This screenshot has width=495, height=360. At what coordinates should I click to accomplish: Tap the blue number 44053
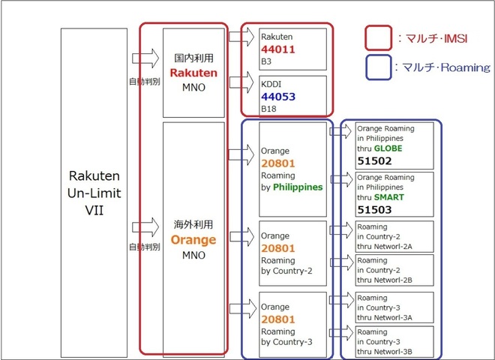(280, 97)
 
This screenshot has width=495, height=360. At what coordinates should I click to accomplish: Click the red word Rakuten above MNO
(193, 73)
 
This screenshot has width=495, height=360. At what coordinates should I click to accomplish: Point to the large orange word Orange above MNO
(193, 241)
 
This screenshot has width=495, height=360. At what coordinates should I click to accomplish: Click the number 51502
(375, 161)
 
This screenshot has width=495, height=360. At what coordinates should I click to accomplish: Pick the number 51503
(375, 210)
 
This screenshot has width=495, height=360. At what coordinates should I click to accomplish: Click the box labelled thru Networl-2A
(394, 236)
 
